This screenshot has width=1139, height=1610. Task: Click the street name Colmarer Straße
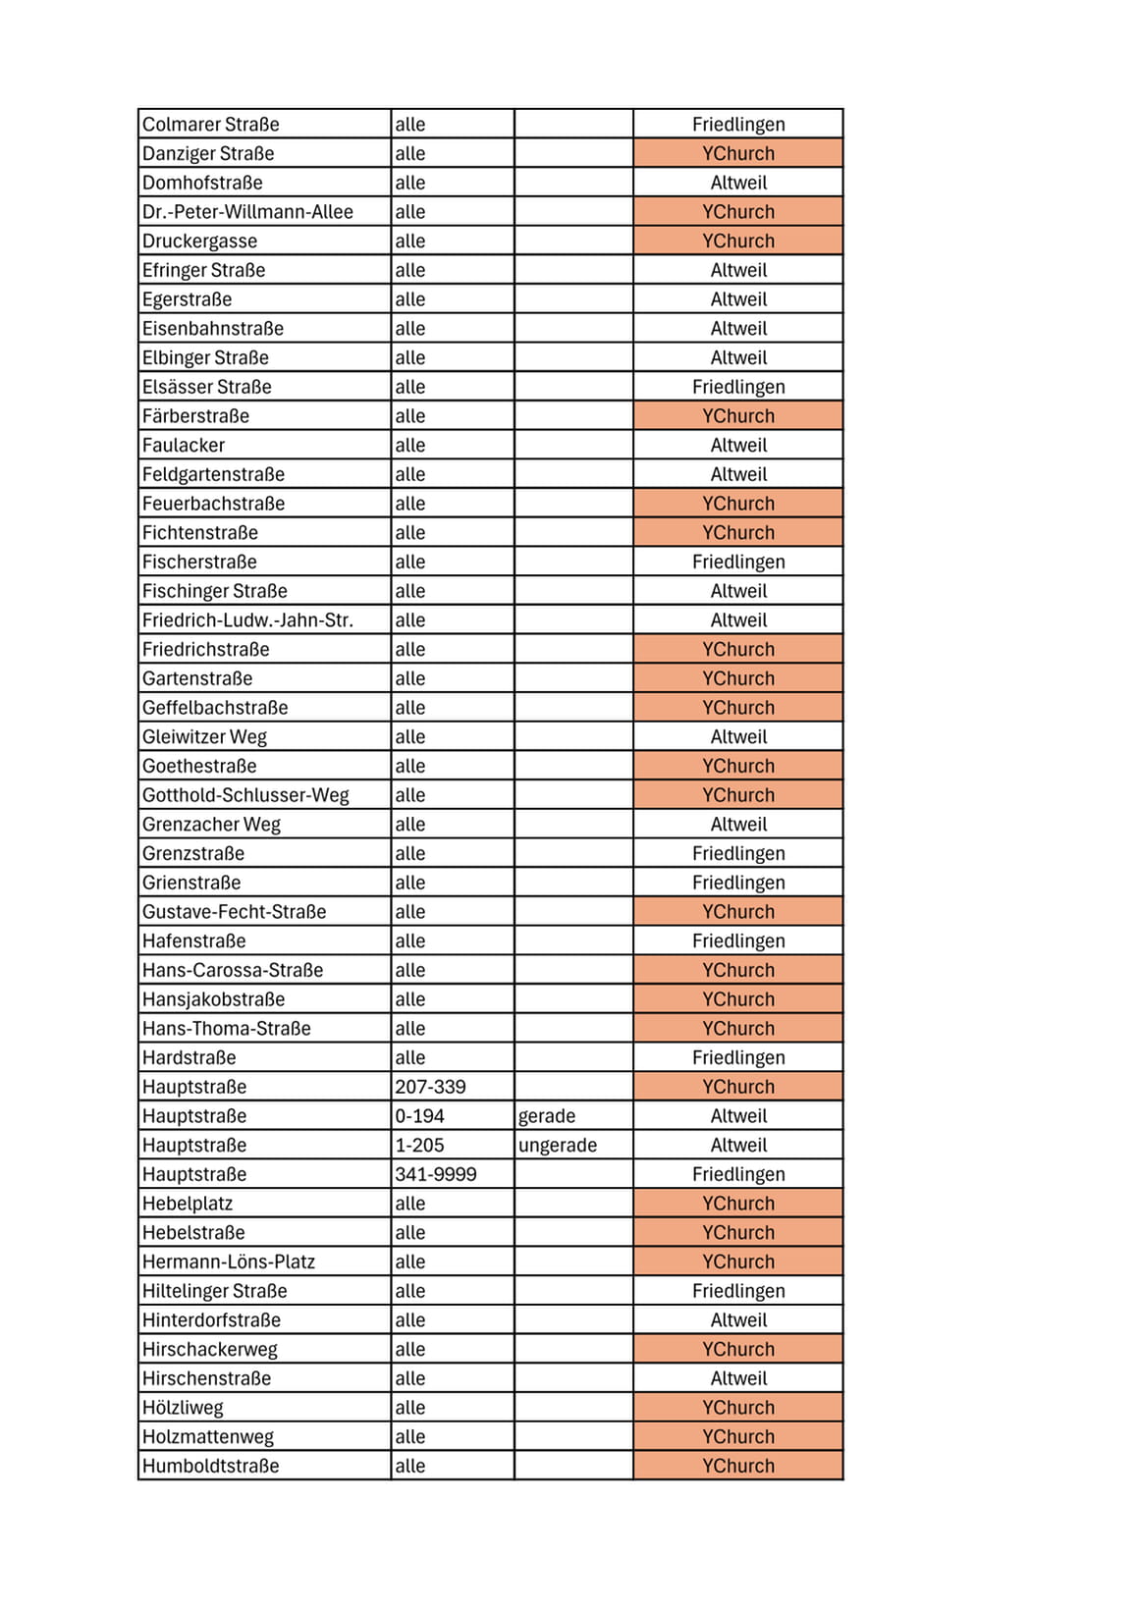tap(210, 125)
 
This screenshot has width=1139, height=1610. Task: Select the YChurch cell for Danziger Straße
tap(737, 153)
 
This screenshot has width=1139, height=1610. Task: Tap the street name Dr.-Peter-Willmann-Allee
tap(247, 212)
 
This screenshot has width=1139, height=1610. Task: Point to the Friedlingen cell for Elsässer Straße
tap(737, 387)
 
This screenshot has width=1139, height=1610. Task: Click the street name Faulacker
tap(184, 446)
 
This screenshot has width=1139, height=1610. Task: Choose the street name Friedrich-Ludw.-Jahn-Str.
tap(247, 620)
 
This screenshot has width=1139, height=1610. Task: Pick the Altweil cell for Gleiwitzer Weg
tap(737, 737)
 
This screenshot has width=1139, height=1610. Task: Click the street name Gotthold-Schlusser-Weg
tap(245, 795)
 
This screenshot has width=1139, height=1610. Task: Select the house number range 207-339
tap(430, 1087)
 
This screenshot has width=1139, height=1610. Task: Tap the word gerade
tap(547, 1116)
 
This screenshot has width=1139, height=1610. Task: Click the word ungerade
tap(558, 1146)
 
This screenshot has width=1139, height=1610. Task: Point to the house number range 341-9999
tap(435, 1174)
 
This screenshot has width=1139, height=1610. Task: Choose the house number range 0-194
tap(419, 1116)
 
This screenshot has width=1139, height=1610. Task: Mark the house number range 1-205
tap(419, 1146)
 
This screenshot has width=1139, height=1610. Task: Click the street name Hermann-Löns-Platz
tap(229, 1261)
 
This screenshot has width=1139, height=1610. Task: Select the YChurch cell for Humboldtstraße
tap(737, 1466)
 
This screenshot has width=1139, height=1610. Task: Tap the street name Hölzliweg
tap(183, 1408)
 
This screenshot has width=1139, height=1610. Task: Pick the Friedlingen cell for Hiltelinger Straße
tap(737, 1291)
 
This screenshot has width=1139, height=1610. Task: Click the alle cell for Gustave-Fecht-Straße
tap(410, 912)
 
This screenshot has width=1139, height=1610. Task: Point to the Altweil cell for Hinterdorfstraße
tap(737, 1320)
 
